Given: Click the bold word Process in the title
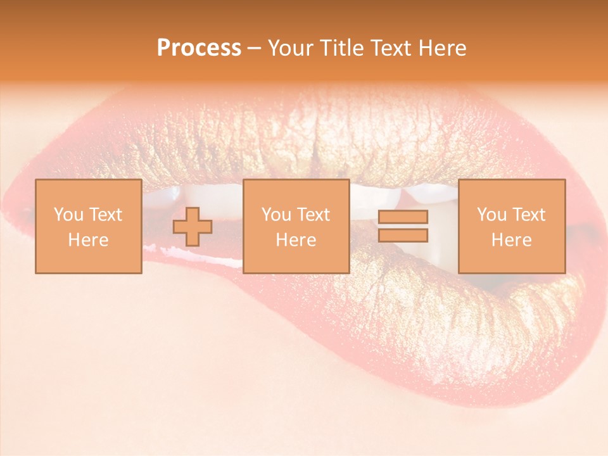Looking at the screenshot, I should click(199, 48).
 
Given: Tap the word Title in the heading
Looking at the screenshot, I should click(342, 48).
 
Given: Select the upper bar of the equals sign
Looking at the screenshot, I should click(403, 217).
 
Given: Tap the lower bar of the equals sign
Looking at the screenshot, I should click(403, 236).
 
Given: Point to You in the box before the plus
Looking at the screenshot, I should click(67, 215).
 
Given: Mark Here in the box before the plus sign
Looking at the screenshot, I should click(88, 240).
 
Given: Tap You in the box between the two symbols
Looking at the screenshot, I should click(275, 215).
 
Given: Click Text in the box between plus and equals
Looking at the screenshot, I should click(315, 215).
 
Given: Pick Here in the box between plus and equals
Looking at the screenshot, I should click(296, 240).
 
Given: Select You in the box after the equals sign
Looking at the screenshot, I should click(490, 215).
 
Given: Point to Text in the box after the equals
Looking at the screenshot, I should click(530, 215).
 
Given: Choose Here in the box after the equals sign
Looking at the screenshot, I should click(511, 240).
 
